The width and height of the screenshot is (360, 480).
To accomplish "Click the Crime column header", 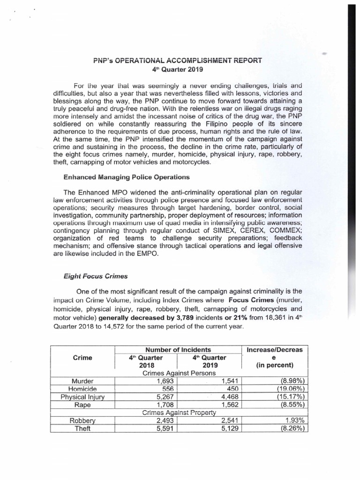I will tap(83, 357).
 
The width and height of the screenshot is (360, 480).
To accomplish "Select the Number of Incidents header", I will tap(177, 349).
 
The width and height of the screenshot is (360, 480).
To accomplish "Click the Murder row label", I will tap(83, 381).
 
